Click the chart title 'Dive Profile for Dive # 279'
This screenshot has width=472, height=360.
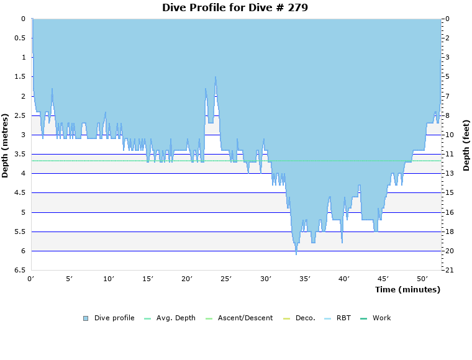(235, 7)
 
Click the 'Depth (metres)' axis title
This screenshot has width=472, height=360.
(6, 145)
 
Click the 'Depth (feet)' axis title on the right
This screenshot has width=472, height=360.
(466, 145)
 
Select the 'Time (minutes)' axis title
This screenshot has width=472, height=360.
(407, 289)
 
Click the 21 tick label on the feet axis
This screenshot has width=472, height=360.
(448, 271)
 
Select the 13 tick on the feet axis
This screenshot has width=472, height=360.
(448, 174)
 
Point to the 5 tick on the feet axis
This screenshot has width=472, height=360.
(447, 77)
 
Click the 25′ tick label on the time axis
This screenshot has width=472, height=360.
(227, 279)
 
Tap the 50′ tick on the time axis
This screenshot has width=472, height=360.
(422, 279)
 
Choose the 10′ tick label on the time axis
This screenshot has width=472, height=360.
(109, 279)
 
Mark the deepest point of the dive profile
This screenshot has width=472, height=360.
(296, 254)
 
